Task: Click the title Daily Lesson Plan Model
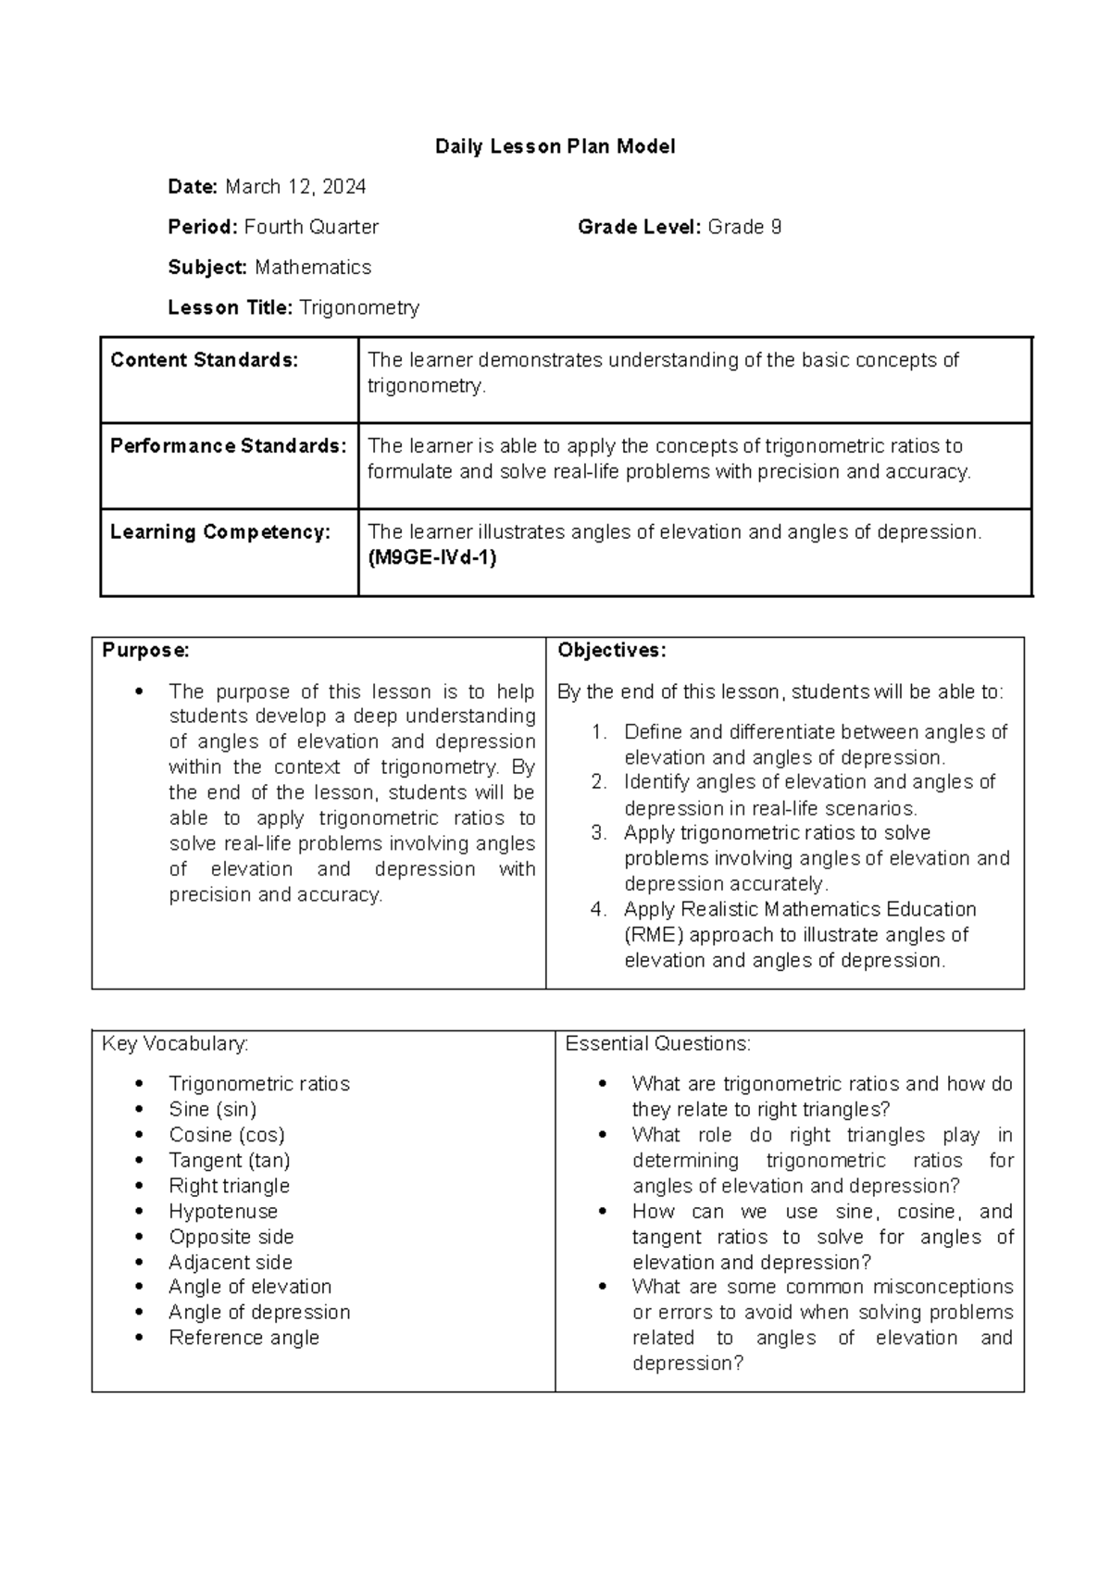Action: [555, 146]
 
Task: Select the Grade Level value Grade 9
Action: [744, 227]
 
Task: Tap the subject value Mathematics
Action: [313, 268]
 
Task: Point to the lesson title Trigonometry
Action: [359, 307]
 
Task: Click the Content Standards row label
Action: [205, 360]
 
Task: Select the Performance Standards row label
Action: [228, 446]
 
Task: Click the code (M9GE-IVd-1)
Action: [432, 557]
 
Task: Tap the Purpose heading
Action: [145, 650]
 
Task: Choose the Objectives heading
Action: [611, 650]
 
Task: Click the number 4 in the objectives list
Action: [598, 909]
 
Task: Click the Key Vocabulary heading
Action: [175, 1043]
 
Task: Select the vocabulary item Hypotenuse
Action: [223, 1211]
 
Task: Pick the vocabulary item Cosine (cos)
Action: [227, 1135]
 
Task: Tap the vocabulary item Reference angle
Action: [243, 1338]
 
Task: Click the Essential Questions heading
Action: [657, 1043]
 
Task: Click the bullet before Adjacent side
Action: [139, 1263]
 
